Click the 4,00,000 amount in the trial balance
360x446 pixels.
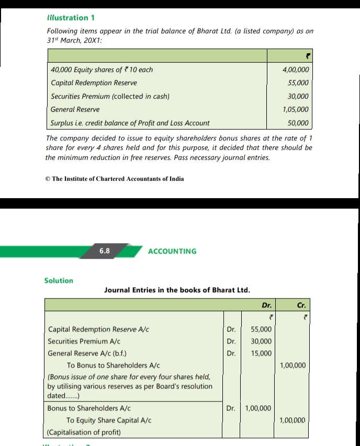pos(295,70)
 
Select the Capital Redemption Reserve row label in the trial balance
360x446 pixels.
pos(94,83)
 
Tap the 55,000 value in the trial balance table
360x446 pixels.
pos(298,83)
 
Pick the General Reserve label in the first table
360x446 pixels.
pos(75,110)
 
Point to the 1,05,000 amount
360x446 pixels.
pos(295,110)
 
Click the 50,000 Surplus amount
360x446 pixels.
pos(298,123)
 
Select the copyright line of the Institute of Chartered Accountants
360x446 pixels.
pos(115,179)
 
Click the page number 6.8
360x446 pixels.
pos(105,251)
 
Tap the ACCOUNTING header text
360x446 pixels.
pos(172,251)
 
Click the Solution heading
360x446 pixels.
pos(59,281)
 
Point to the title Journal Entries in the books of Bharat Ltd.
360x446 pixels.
pos(177,290)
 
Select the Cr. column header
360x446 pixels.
pos(301,305)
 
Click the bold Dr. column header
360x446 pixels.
pos(267,305)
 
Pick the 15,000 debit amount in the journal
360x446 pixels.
pos(262,353)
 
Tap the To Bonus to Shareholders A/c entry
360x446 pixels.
pos(113,365)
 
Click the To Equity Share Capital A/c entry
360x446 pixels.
pos(109,420)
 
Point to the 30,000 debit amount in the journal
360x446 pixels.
pos(262,341)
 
